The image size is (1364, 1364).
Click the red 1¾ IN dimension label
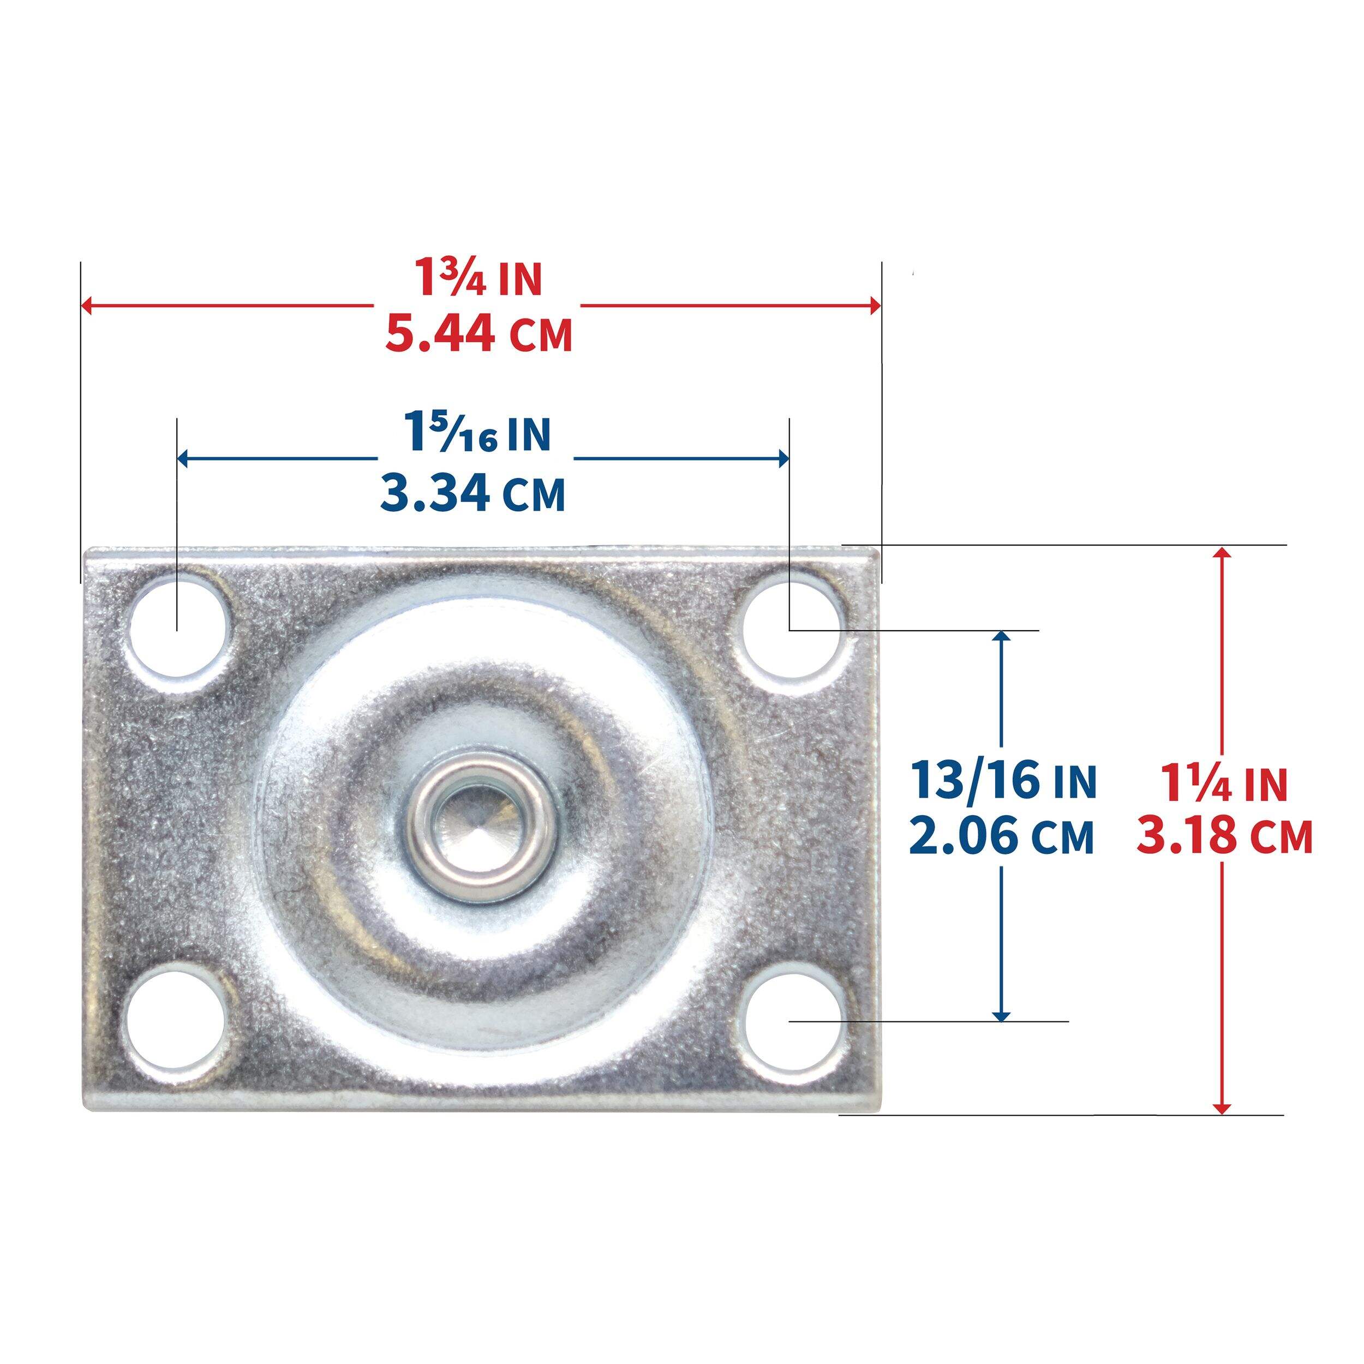click(478, 279)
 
